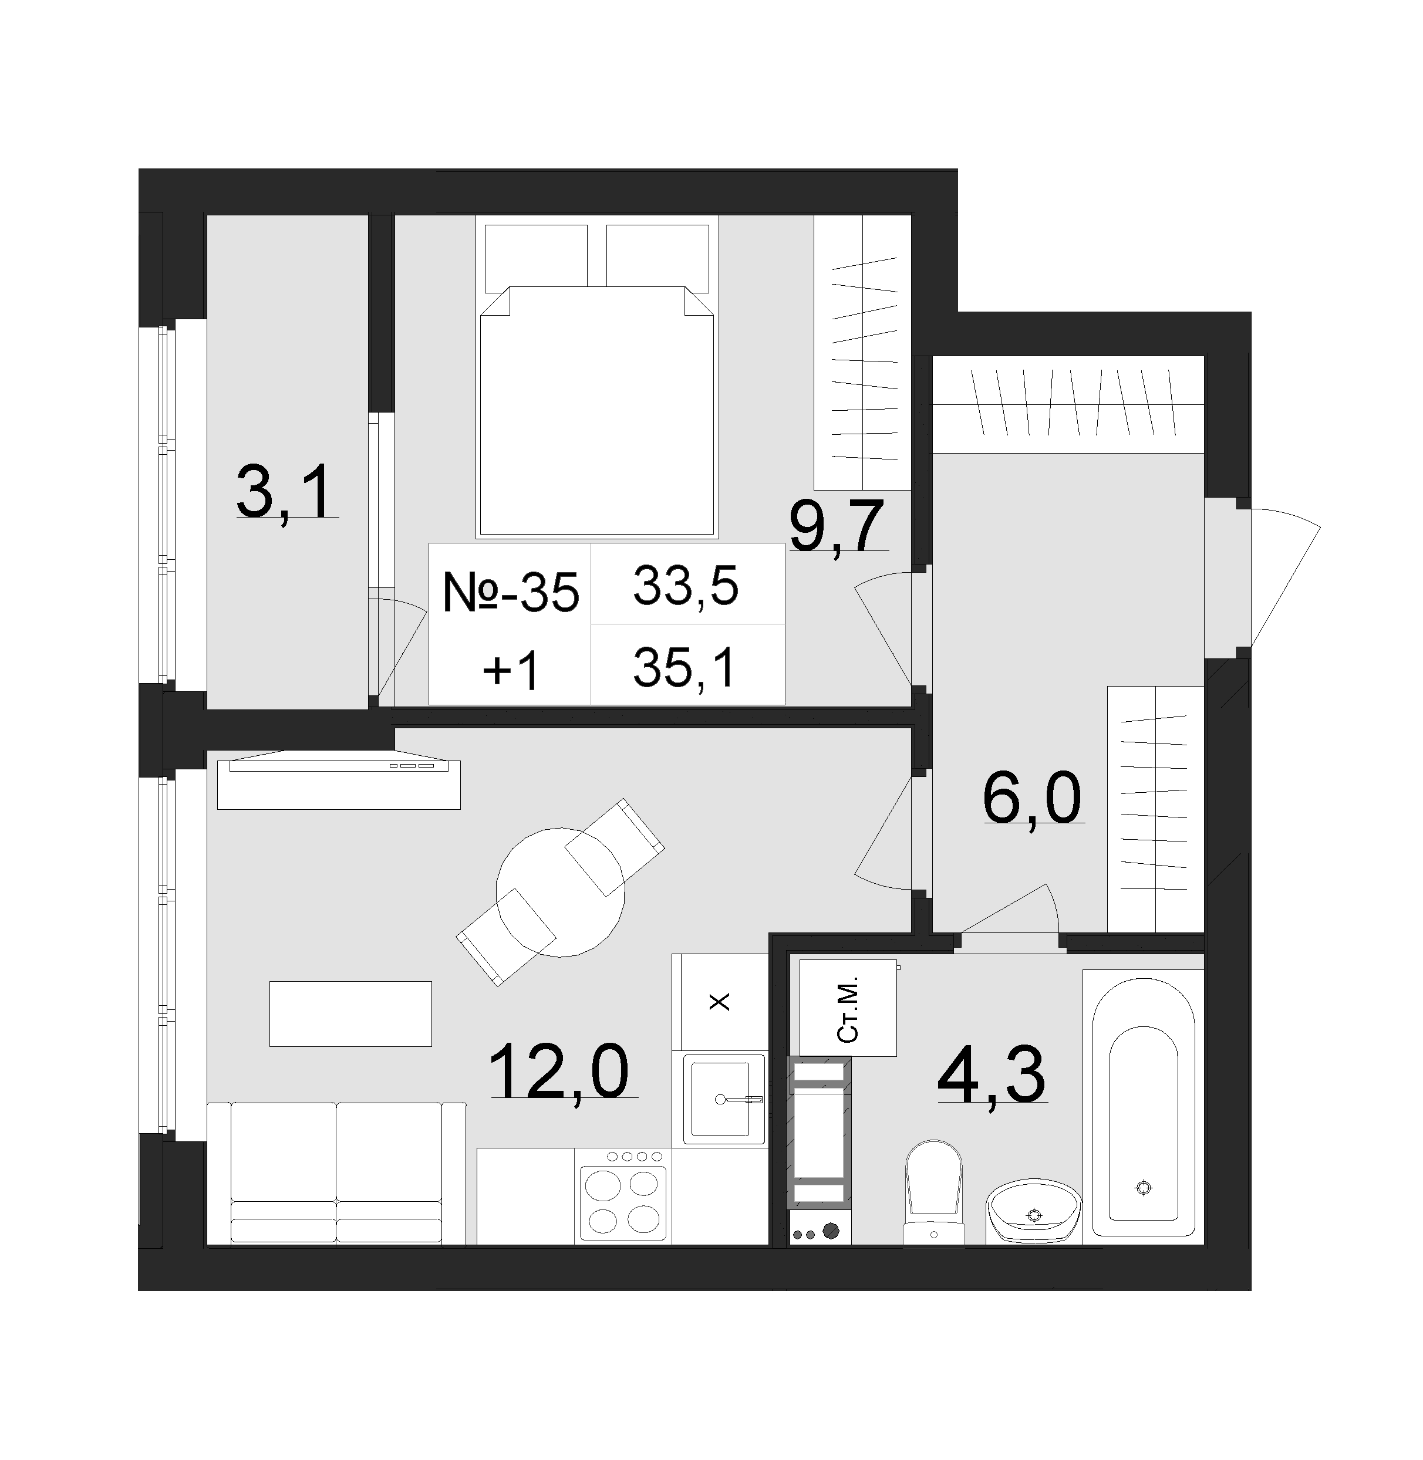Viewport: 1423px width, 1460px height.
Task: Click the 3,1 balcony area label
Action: pos(285,491)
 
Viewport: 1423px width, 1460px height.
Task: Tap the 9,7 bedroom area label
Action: pos(838,525)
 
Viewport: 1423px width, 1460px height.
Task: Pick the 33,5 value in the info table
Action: pos(686,585)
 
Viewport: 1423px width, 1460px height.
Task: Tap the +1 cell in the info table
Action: pos(511,671)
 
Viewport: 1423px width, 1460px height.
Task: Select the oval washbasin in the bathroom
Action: pos(1034,1214)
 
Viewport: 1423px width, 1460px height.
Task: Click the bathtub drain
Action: pos(1143,1187)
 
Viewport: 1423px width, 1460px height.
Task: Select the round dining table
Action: pos(561,892)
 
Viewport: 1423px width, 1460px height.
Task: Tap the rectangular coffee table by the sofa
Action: pos(350,1014)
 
